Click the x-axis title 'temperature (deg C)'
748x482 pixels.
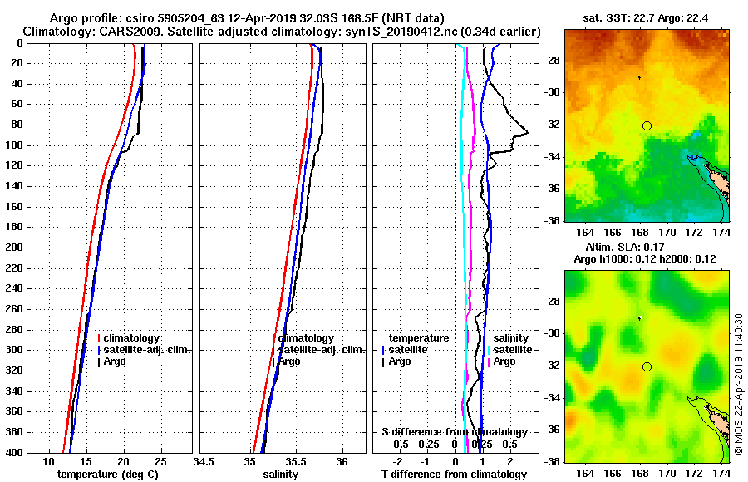click(107, 475)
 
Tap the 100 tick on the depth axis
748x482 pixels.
click(13, 145)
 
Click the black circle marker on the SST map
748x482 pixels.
click(647, 125)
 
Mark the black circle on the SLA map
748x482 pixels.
click(647, 366)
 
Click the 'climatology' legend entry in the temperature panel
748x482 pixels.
click(136, 338)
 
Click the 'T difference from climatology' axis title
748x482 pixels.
click(454, 475)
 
